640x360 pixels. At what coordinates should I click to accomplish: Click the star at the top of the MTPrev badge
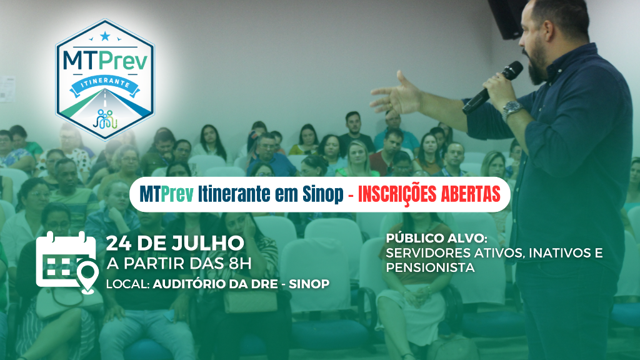(105, 36)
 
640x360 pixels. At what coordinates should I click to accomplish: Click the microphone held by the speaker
(492, 87)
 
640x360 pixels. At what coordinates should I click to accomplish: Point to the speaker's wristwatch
(512, 109)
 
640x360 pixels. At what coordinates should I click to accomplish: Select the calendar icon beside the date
(66, 261)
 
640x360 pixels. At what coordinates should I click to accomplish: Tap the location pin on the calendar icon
(88, 276)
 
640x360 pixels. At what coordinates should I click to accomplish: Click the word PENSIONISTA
(430, 267)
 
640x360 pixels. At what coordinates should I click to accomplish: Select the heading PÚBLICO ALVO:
(437, 238)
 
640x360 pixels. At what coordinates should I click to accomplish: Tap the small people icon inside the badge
(105, 119)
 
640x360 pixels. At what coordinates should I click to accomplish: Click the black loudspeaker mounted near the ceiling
(507, 19)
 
